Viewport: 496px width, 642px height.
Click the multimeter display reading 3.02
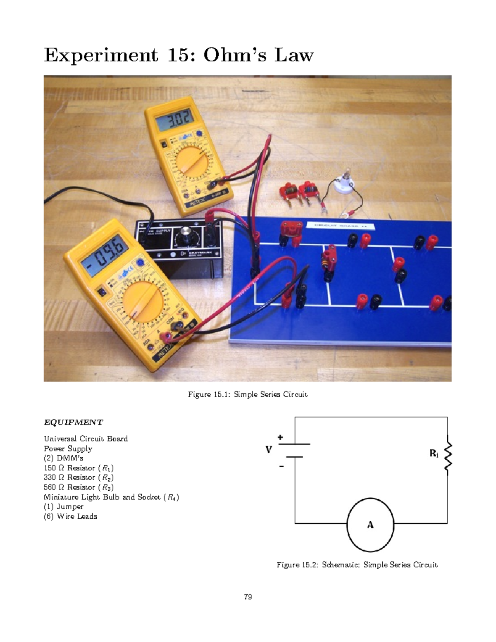(174, 120)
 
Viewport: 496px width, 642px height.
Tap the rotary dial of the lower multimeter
(143, 302)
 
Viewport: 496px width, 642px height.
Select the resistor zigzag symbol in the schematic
(447, 455)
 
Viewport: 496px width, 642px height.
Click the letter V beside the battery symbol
(269, 450)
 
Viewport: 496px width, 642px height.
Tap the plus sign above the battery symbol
(280, 437)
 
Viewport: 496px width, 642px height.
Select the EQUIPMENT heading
(73, 422)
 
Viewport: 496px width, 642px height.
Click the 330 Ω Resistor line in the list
(79, 477)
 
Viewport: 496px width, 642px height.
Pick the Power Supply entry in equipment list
(68, 449)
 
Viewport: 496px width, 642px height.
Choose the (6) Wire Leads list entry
(70, 516)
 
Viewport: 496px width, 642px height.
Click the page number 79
(248, 597)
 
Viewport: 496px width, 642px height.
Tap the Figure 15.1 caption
(248, 394)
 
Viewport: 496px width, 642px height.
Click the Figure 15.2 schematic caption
(357, 565)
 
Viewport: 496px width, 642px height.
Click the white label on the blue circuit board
(340, 226)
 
